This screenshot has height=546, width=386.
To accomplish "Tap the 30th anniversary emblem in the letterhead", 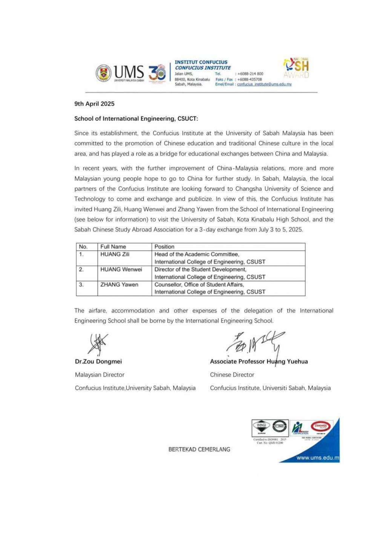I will tap(157, 73).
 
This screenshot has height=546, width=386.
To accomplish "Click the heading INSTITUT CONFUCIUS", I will tap(201, 62).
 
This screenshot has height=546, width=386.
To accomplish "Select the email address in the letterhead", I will tap(264, 84).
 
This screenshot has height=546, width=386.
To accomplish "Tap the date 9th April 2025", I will tap(94, 104).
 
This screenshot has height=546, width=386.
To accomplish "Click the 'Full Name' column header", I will tap(113, 247).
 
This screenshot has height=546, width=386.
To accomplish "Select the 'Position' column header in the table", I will tap(164, 247).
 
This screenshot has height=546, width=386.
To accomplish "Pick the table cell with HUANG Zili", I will tap(115, 255).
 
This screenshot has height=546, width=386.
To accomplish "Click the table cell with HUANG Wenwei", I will tap(121, 270).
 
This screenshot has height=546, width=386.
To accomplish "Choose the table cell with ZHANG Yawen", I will tap(119, 285).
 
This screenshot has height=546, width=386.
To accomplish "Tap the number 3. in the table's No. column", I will tap(81, 285).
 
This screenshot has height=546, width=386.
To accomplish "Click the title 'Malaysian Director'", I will tap(100, 375).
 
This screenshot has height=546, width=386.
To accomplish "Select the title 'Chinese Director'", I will tap(232, 375).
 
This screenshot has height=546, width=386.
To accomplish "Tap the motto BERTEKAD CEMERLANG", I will tap(199, 449).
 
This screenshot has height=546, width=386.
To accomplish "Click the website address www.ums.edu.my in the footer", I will tap(318, 458).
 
